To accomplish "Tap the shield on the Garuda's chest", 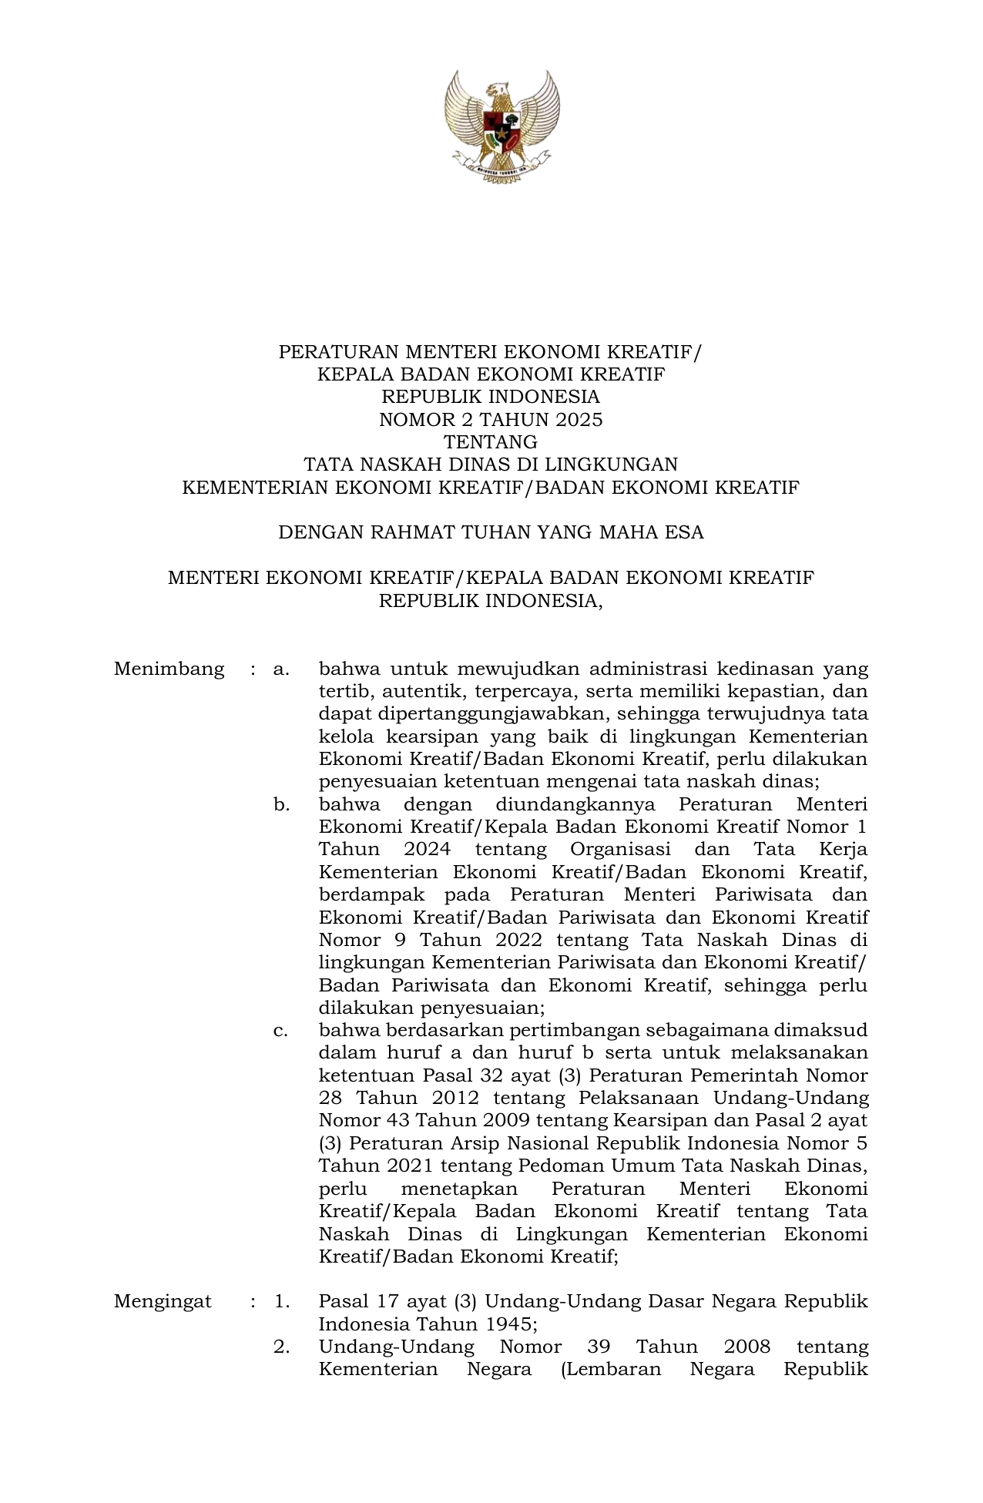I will tap(501, 126).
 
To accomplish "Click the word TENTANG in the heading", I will tap(491, 442).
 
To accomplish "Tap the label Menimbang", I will tap(169, 669).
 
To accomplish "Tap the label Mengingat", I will tap(163, 1302).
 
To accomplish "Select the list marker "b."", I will tap(281, 805).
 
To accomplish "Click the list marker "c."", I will tap(281, 1031).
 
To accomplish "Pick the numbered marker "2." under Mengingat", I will tap(281, 1347).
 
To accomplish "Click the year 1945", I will tap(505, 1325).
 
